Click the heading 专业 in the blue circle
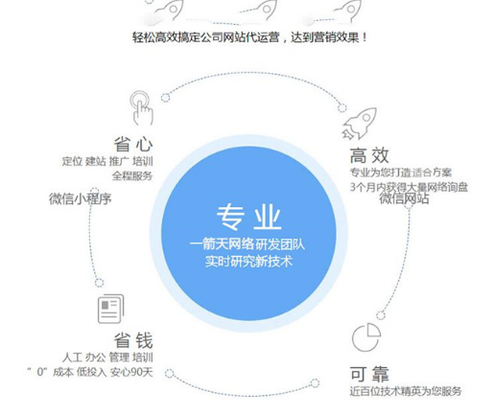click(248, 217)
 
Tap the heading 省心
click(133, 144)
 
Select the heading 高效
click(369, 155)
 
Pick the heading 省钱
click(133, 340)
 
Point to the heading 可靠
click(369, 374)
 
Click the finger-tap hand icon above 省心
click(141, 108)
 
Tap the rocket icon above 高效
click(360, 124)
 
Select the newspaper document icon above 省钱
click(110, 309)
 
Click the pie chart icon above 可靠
click(366, 337)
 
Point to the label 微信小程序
click(81, 198)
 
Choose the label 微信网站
click(404, 198)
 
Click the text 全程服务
click(132, 175)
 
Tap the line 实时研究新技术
click(248, 262)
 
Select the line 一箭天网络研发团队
click(247, 244)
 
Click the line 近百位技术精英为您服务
click(406, 391)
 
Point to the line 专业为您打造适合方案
click(401, 173)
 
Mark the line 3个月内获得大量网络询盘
click(409, 187)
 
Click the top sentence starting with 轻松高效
click(249, 37)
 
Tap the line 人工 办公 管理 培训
click(107, 357)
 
